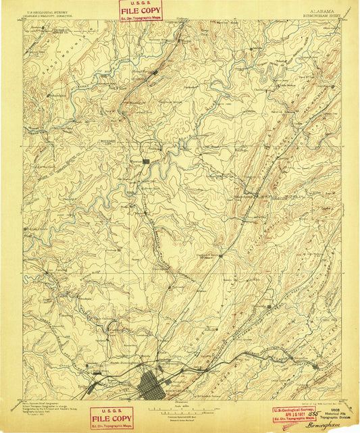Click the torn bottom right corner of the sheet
coord(355,429)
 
